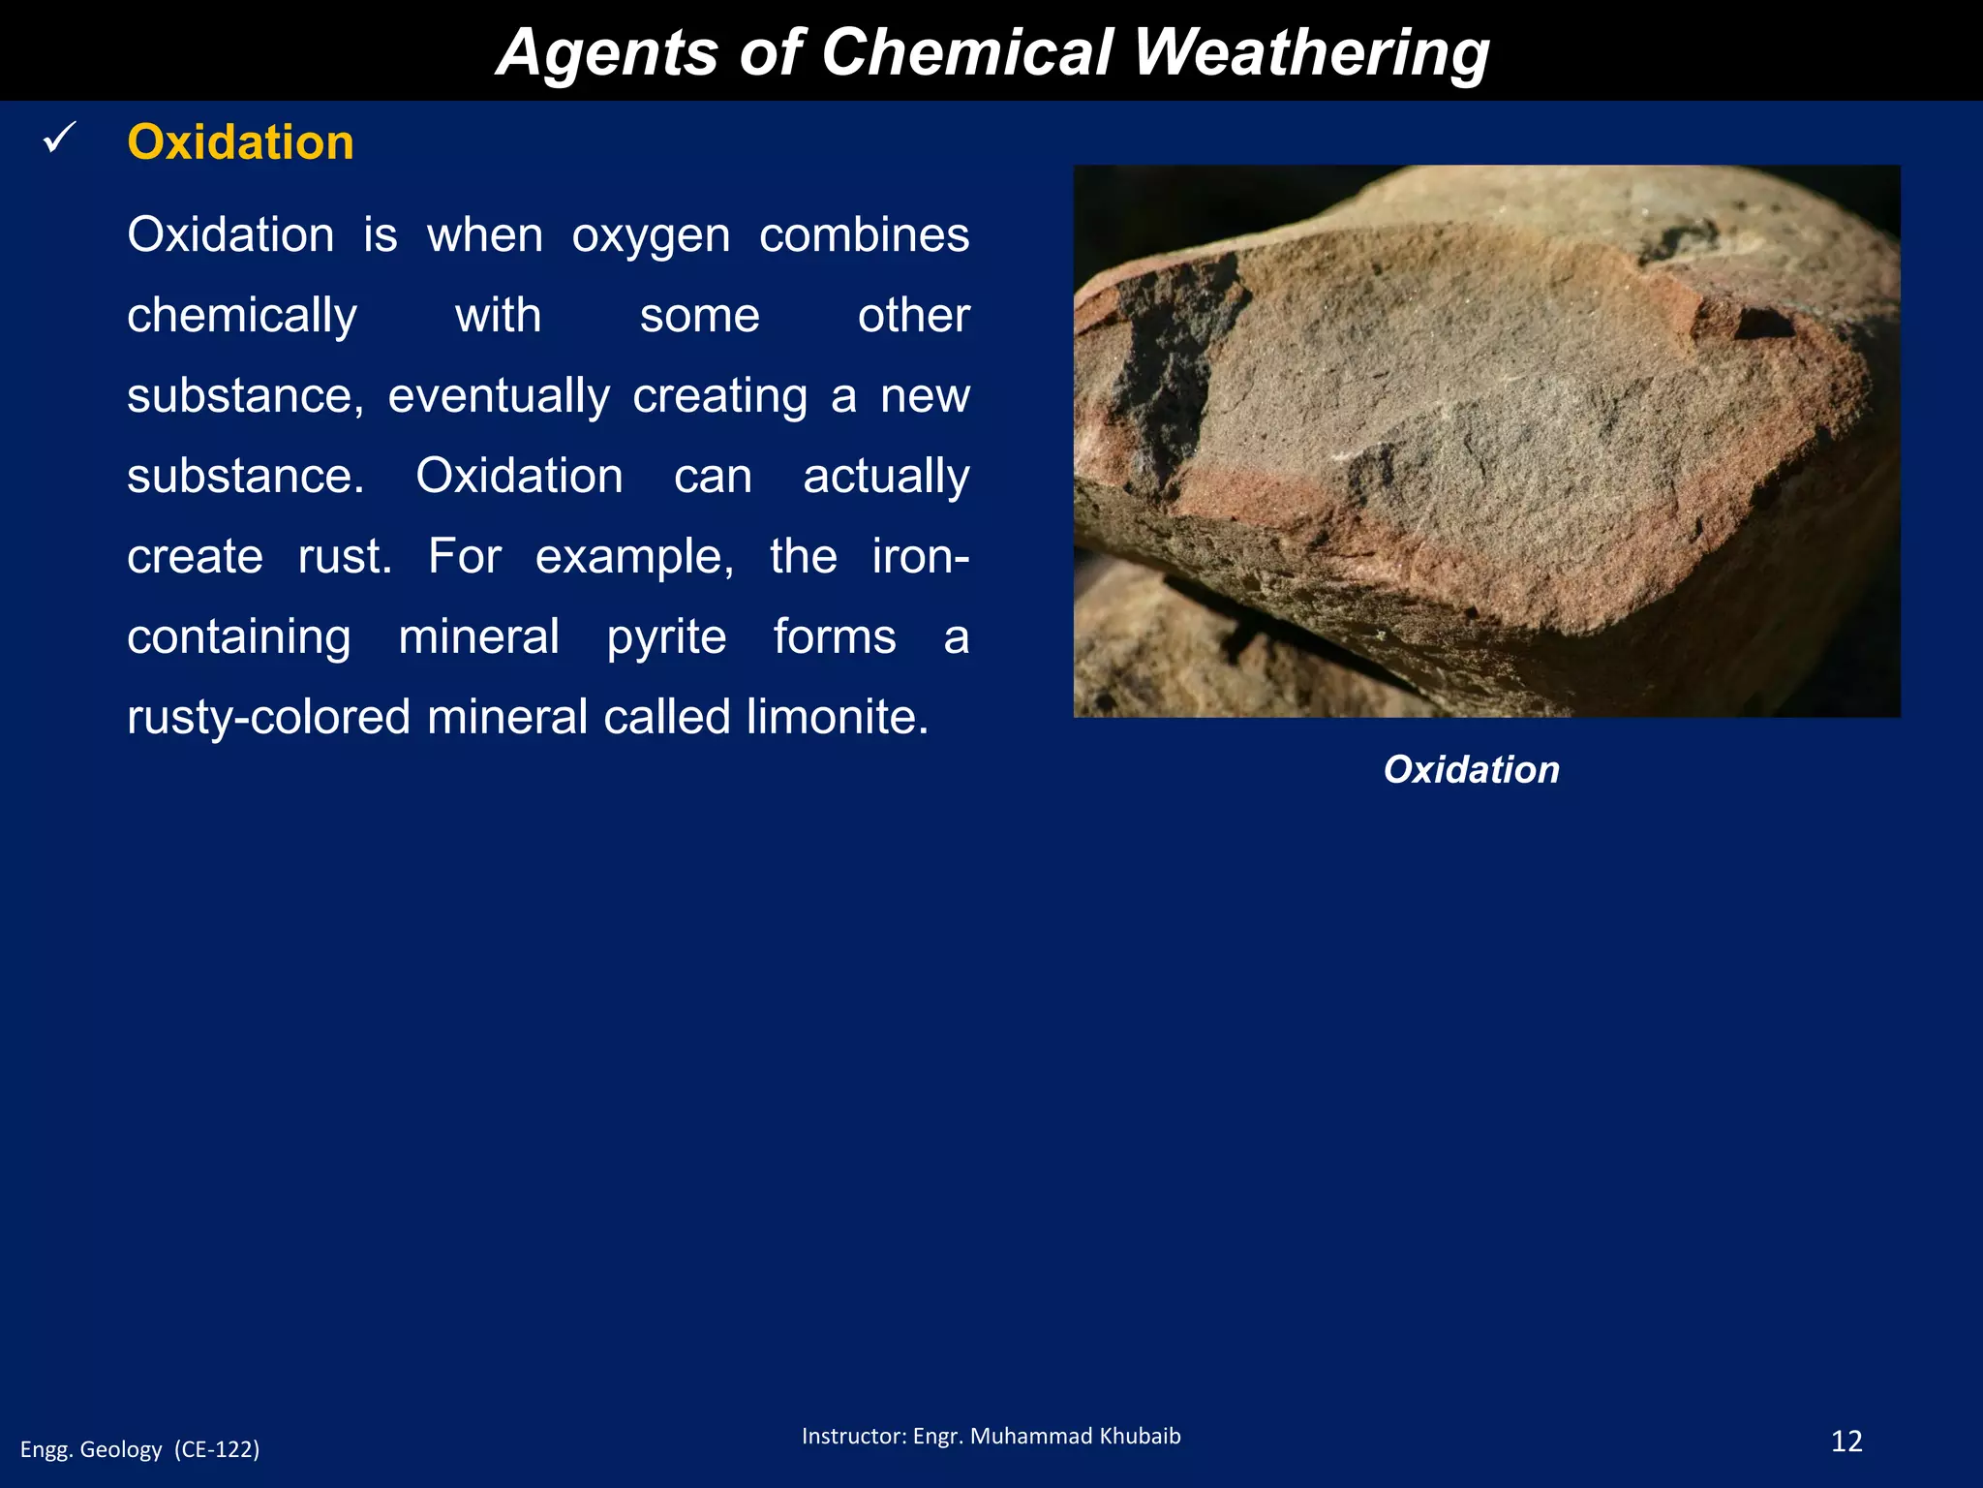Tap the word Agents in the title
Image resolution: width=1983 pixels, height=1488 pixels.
pyautogui.click(x=605, y=52)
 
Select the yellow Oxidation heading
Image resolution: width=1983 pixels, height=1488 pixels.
pyautogui.click(x=240, y=142)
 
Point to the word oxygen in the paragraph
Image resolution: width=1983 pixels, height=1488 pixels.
pyautogui.click(x=651, y=236)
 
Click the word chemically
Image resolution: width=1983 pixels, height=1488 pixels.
pyautogui.click(x=242, y=317)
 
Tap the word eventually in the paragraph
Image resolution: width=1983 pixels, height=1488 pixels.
pyautogui.click(x=499, y=396)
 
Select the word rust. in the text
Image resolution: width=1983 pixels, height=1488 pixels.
pyautogui.click(x=345, y=557)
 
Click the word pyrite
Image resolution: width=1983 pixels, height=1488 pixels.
pyautogui.click(x=666, y=637)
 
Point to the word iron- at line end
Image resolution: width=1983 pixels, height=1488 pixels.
pyautogui.click(x=920, y=557)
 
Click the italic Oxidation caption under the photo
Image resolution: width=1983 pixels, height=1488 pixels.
pyautogui.click(x=1471, y=769)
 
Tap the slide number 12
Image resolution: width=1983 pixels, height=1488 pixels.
pyautogui.click(x=1846, y=1441)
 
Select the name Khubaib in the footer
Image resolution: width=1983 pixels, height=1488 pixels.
pyautogui.click(x=1141, y=1436)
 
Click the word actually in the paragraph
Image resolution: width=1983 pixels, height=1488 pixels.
pyautogui.click(x=886, y=477)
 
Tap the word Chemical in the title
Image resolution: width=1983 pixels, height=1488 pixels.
pyautogui.click(x=966, y=52)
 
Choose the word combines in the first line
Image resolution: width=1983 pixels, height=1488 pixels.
pyautogui.click(x=864, y=235)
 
